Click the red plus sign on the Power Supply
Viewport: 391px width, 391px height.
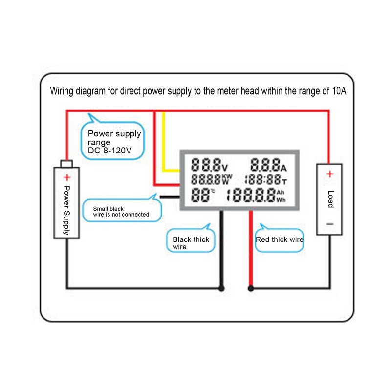(67, 177)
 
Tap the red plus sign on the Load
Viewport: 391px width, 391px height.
(330, 174)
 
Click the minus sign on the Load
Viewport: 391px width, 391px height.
(330, 223)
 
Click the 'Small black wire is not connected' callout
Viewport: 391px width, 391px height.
(120, 211)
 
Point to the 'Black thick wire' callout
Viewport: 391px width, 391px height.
(191, 242)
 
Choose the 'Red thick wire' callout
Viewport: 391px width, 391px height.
(279, 239)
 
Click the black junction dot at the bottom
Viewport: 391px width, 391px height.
(222, 288)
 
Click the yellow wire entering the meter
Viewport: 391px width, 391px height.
(164, 147)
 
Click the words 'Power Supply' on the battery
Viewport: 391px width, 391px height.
(67, 210)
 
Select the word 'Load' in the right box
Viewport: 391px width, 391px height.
(330, 198)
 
